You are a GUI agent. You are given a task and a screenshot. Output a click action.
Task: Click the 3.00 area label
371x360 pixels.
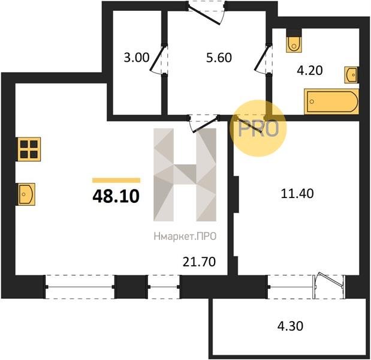(x=137, y=58)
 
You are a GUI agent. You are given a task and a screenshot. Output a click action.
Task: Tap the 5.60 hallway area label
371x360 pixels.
(x=219, y=58)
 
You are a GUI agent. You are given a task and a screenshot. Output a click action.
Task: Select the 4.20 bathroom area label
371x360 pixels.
(x=310, y=70)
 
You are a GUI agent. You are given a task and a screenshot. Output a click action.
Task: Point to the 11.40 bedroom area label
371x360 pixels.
(x=297, y=193)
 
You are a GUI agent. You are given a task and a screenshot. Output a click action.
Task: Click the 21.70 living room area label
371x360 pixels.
(x=199, y=262)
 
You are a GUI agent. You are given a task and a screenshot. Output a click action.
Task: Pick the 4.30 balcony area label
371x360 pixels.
(x=290, y=326)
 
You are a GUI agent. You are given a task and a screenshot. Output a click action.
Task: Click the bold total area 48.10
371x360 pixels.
(x=116, y=196)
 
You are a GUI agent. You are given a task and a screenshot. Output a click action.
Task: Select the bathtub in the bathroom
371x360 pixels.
(x=331, y=101)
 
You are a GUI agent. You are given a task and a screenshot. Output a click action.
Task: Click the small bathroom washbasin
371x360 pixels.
(x=352, y=75)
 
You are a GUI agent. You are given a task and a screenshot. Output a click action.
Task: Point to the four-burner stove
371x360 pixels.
(x=28, y=149)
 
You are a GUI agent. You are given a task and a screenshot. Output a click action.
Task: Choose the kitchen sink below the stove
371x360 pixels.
(x=26, y=194)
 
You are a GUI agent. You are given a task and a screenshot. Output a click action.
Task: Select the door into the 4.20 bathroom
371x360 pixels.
(x=263, y=59)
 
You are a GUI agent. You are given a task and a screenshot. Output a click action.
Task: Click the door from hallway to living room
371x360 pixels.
(x=204, y=122)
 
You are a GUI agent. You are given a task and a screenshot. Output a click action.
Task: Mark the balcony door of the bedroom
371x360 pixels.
(x=329, y=286)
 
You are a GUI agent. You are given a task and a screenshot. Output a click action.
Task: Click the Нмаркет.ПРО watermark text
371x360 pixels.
(x=185, y=236)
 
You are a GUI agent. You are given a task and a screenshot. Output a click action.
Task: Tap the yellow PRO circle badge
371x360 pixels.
(x=258, y=128)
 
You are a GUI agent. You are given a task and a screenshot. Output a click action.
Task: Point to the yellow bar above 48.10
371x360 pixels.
(x=116, y=180)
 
